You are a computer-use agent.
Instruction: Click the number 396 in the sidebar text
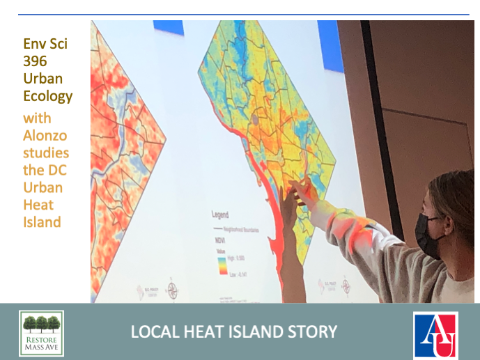(36, 61)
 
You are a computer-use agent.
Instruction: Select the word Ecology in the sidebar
(47, 96)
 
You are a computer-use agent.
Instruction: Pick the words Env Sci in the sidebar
(45, 45)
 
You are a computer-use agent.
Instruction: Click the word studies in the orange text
(46, 153)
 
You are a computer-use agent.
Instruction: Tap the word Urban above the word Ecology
(42, 78)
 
